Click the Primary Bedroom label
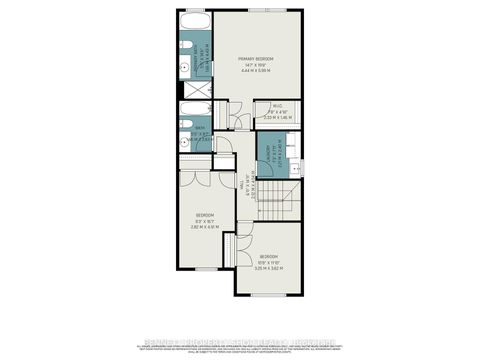tap(256, 60)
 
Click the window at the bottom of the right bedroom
tap(266, 295)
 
